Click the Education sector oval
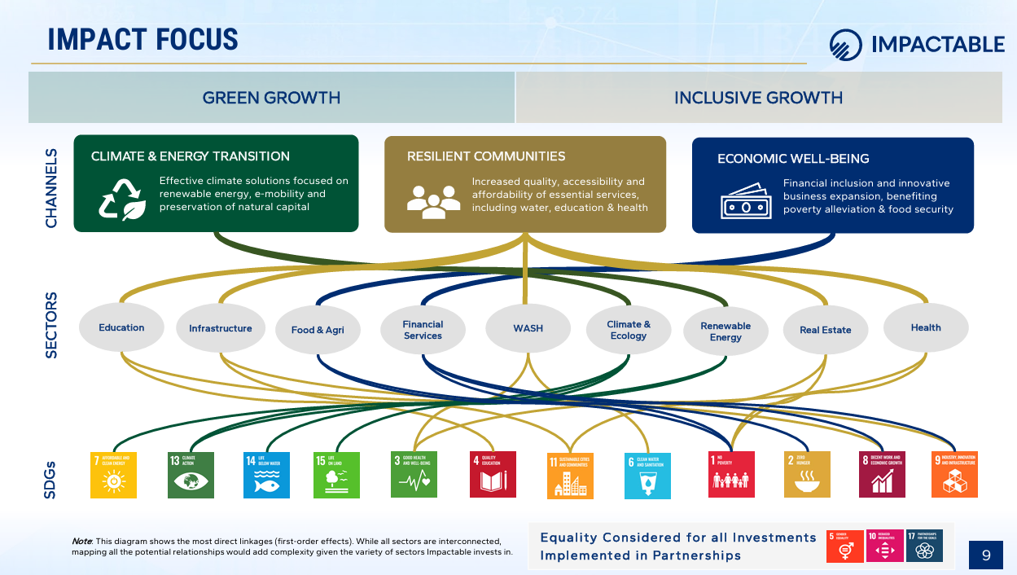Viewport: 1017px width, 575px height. tap(121, 328)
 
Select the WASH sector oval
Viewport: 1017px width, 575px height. tap(528, 329)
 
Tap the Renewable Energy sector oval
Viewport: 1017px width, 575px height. tap(725, 331)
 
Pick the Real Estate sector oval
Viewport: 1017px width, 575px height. tap(825, 331)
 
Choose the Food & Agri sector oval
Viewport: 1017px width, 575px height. tap(318, 331)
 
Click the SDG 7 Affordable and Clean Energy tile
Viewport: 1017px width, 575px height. tap(113, 475)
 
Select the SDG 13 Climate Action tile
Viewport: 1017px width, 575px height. tap(191, 475)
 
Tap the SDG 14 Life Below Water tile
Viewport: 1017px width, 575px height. tap(266, 475)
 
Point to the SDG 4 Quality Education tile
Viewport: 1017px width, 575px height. tap(493, 475)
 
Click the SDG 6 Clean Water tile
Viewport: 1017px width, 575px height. tap(647, 476)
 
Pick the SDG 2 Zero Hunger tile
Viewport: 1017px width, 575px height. tap(807, 475)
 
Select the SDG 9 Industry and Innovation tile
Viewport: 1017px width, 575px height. tap(954, 475)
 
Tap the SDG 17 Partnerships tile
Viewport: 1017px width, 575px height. tap(925, 546)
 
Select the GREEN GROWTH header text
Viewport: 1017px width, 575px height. tap(271, 98)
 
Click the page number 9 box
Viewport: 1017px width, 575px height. tap(986, 555)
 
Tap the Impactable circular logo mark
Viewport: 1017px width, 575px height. tap(845, 45)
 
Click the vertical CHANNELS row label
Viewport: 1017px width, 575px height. tap(52, 187)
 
